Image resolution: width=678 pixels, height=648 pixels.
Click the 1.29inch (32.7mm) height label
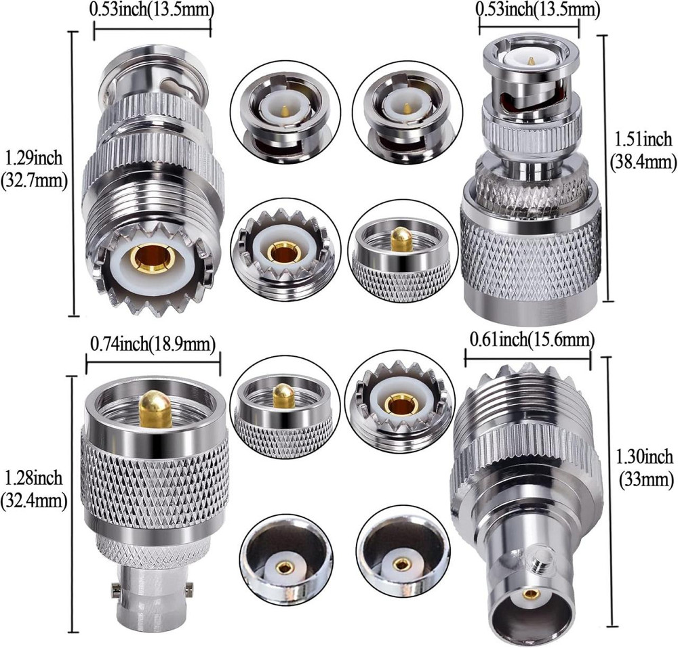[34, 169]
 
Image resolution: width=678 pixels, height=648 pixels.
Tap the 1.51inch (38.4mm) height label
[643, 150]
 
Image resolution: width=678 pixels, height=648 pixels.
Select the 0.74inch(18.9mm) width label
[153, 344]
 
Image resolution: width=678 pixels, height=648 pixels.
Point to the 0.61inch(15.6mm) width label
[532, 340]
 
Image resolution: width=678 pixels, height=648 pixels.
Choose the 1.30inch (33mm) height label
[643, 467]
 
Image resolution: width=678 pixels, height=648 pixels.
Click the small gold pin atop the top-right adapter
[531, 62]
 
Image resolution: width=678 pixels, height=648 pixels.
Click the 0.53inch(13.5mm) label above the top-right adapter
[538, 9]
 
